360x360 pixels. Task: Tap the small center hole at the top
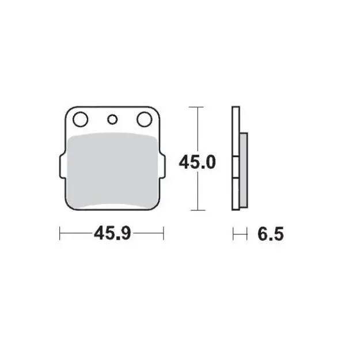pyautogui.click(x=112, y=120)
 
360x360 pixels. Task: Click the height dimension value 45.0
pyautogui.click(x=197, y=163)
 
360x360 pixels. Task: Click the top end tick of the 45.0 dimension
pyautogui.click(x=197, y=107)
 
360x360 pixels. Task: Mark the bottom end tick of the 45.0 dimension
pyautogui.click(x=197, y=210)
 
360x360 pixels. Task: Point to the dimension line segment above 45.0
pyautogui.click(x=197, y=130)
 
